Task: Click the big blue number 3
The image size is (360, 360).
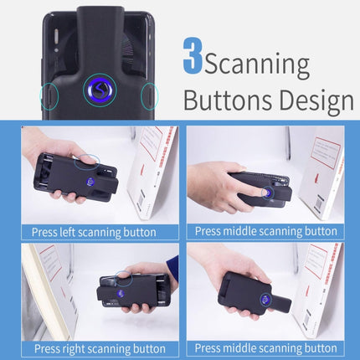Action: (x=191, y=56)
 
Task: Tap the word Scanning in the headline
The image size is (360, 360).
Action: (x=256, y=64)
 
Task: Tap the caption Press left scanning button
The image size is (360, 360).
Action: (x=94, y=232)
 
